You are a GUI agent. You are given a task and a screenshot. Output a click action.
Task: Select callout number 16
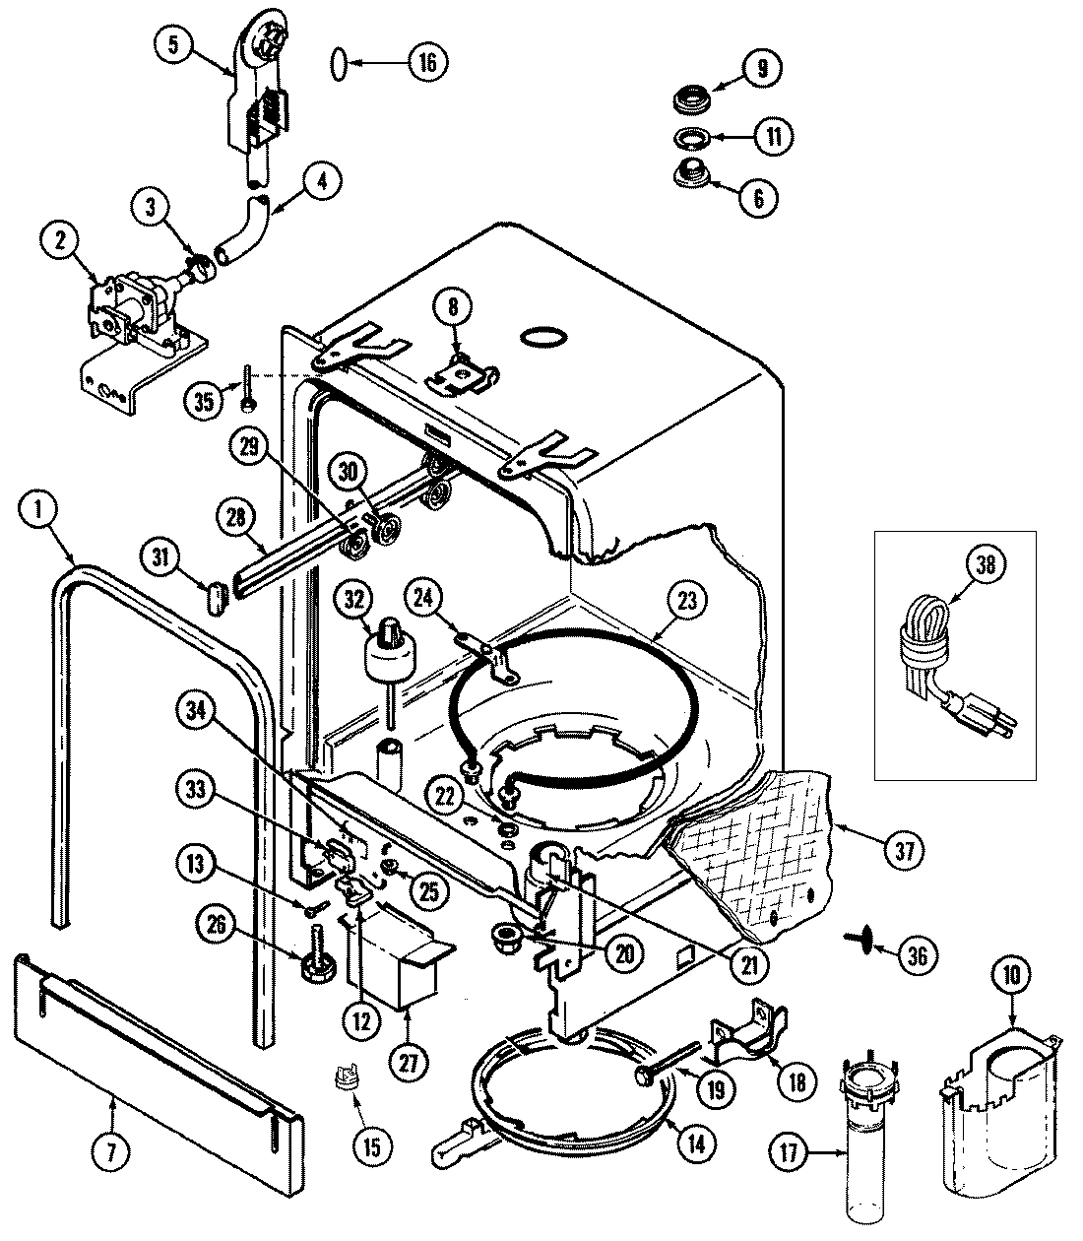426,63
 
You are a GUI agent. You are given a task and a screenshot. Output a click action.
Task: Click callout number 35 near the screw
204,402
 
